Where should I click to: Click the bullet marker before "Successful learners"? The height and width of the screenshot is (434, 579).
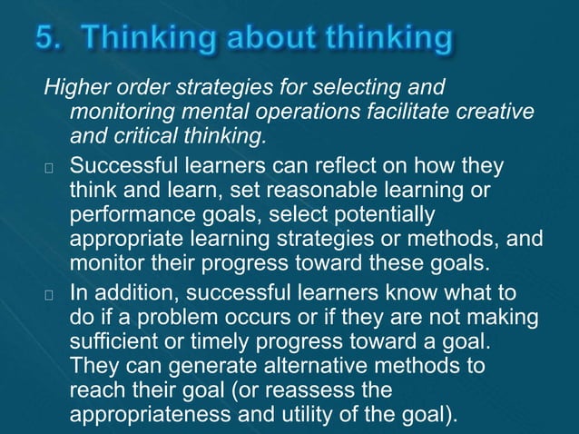point(50,169)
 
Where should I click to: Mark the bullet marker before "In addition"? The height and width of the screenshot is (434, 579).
point(50,295)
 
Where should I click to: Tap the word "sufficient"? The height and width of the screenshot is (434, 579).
point(113,342)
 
